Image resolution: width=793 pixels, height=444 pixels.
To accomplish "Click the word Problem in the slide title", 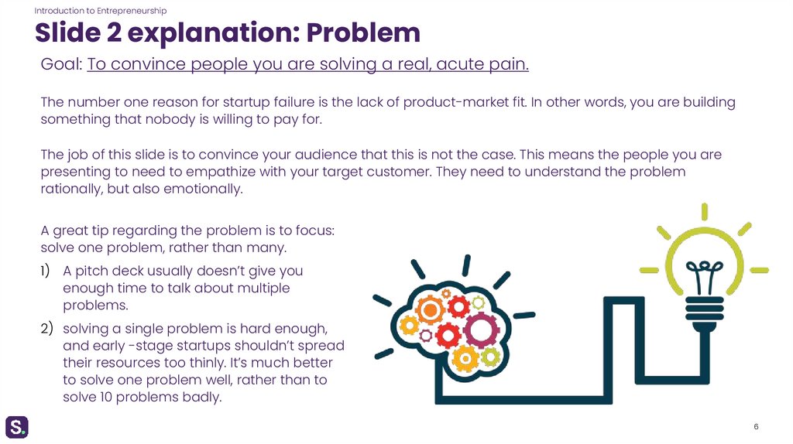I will [x=363, y=32].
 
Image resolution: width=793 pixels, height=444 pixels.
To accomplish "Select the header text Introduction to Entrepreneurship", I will [x=101, y=10].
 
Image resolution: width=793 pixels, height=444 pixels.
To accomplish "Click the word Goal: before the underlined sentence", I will [x=61, y=65].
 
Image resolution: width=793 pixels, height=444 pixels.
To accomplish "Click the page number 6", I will [x=755, y=428].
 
